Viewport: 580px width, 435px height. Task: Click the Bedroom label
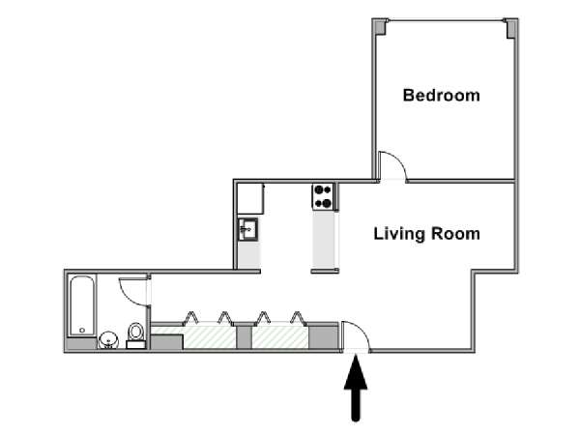click(442, 96)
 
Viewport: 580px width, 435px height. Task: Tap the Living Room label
click(427, 234)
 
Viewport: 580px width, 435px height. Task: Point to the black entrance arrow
click(358, 388)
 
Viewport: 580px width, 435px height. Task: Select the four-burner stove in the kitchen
click(323, 197)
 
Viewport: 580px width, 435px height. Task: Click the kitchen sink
click(248, 229)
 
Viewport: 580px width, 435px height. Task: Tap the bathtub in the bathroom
click(81, 305)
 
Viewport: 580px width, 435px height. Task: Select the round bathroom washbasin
click(108, 338)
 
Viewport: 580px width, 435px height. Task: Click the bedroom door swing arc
click(391, 164)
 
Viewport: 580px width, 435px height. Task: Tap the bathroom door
click(133, 290)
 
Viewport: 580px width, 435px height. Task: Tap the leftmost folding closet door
click(191, 318)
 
